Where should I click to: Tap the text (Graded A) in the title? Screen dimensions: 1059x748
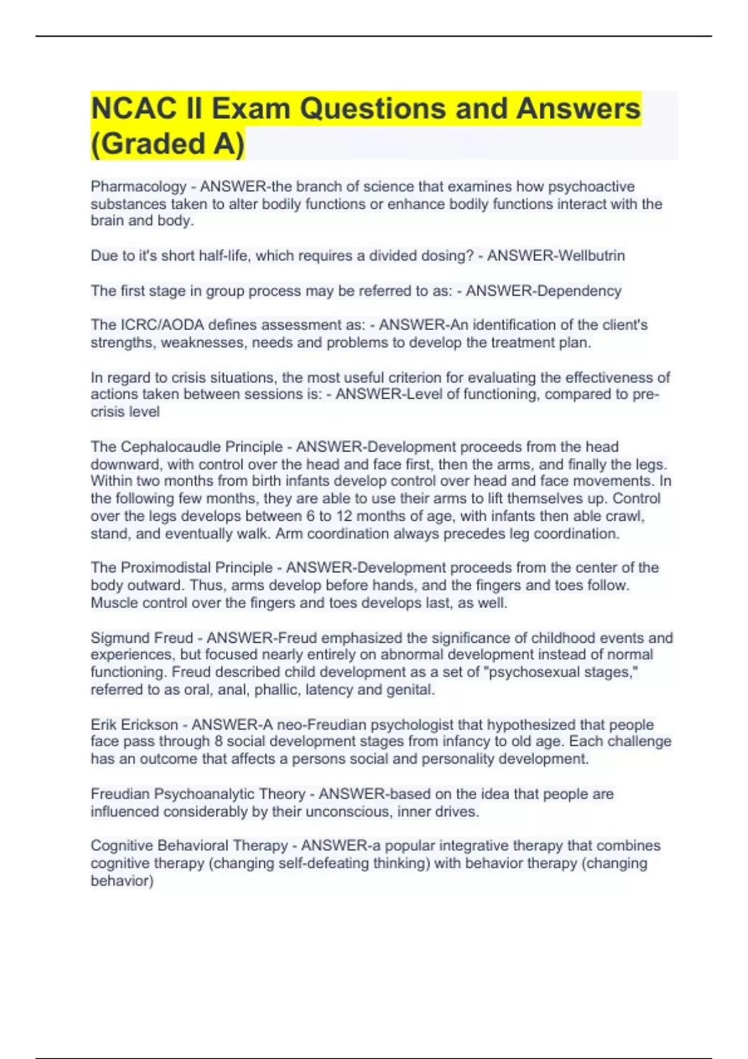tap(168, 144)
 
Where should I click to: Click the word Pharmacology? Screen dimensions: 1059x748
tap(138, 187)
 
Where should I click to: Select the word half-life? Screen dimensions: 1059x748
tap(225, 256)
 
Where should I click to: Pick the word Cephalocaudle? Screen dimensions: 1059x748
tap(201, 447)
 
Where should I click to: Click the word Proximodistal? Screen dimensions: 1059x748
tap(196, 568)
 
